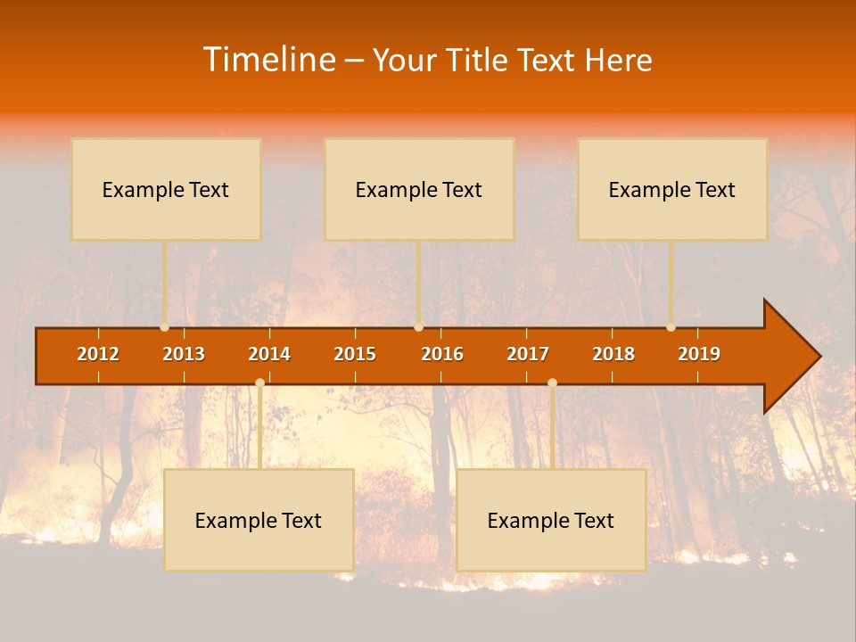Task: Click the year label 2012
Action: pyautogui.click(x=98, y=354)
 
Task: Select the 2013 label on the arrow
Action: pyautogui.click(x=184, y=354)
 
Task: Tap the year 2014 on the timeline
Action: pyautogui.click(x=269, y=354)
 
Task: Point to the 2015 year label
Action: pyautogui.click(x=355, y=354)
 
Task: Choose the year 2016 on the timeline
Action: pyautogui.click(x=442, y=354)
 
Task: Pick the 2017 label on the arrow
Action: pyautogui.click(x=528, y=354)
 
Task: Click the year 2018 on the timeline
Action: pyautogui.click(x=613, y=354)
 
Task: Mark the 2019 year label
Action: pyautogui.click(x=699, y=354)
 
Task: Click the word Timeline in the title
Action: pyautogui.click(x=268, y=60)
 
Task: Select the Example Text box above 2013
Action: pyautogui.click(x=166, y=189)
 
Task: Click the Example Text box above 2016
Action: pyautogui.click(x=419, y=189)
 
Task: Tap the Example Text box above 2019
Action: pyautogui.click(x=672, y=189)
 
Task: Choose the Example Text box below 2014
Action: pyautogui.click(x=259, y=520)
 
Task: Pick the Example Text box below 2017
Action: pyautogui.click(x=551, y=520)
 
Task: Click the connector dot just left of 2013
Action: pyautogui.click(x=165, y=327)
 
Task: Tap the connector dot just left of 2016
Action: pyautogui.click(x=418, y=327)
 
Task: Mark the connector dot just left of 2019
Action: pyautogui.click(x=671, y=327)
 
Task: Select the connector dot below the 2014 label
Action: pyautogui.click(x=259, y=383)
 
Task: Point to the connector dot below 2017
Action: pyautogui.click(x=552, y=383)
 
